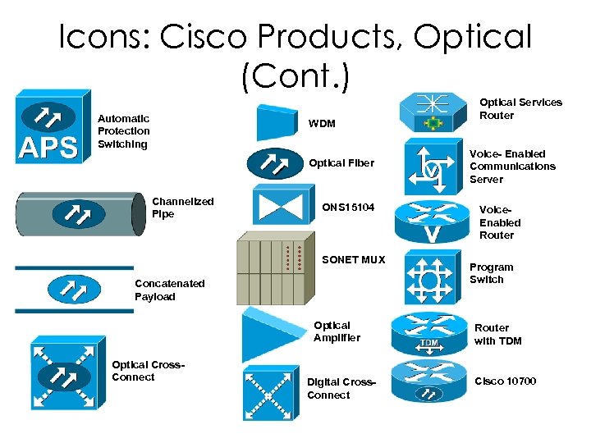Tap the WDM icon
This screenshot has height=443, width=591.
277,123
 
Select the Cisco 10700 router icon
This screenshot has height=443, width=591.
428,381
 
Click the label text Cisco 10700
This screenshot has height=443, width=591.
505,381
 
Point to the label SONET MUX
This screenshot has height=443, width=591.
353,260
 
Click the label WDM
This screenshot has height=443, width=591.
322,124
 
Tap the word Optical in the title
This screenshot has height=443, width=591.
472,36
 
